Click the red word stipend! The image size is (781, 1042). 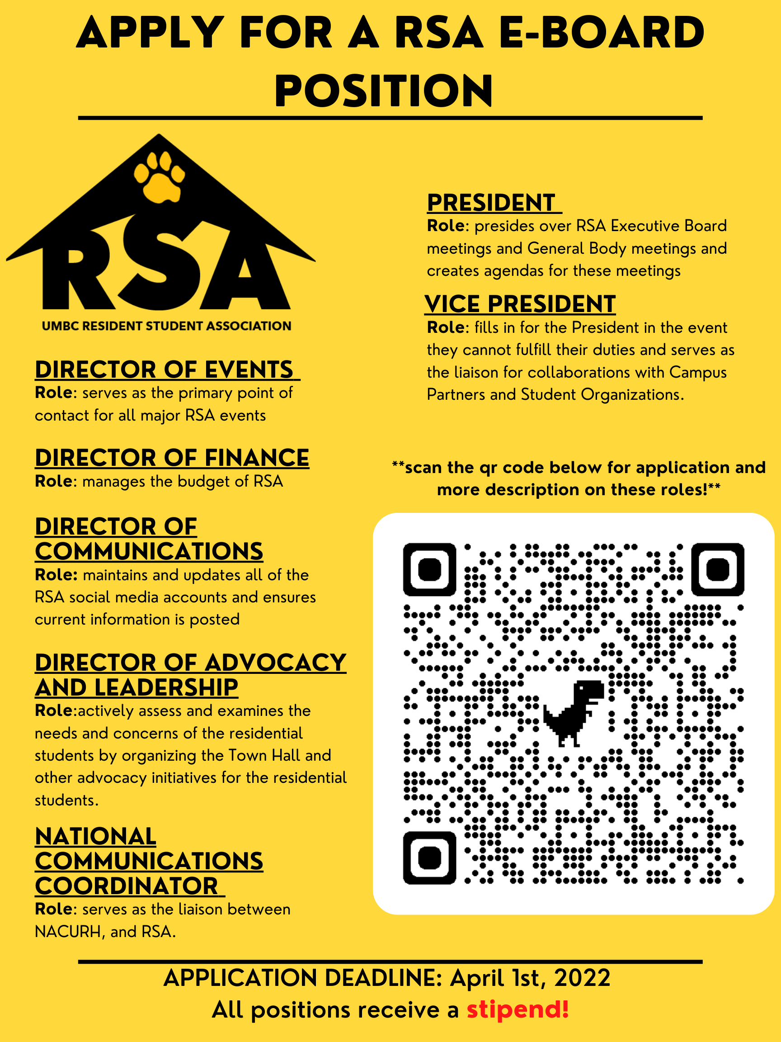(x=518, y=1009)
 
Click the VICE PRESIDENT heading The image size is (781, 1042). (x=520, y=304)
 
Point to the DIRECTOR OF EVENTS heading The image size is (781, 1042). (x=165, y=369)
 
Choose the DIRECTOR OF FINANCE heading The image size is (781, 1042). (x=172, y=458)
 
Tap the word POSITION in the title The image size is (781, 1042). (x=384, y=90)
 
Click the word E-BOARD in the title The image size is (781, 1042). (x=601, y=33)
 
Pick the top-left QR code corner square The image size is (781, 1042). (x=430, y=569)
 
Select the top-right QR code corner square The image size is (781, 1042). (x=717, y=569)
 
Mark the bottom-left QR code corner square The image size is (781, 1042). (x=430, y=857)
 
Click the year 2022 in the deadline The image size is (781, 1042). (x=582, y=977)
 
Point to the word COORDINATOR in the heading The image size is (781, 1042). (x=127, y=886)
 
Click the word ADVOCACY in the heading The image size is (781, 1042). (x=275, y=663)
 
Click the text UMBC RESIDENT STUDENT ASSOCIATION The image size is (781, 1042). (x=167, y=326)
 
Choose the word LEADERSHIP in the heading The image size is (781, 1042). (x=166, y=688)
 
